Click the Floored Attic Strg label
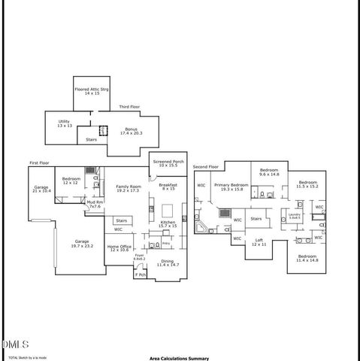click(92, 93)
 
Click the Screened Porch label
click(168, 163)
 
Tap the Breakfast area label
click(168, 187)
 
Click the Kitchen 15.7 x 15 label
click(167, 224)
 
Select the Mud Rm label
click(95, 205)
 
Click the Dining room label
click(169, 263)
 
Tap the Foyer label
click(140, 257)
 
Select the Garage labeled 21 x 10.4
click(41, 190)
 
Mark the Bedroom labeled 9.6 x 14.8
click(269, 172)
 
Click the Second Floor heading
click(205, 166)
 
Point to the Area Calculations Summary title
click(179, 359)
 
